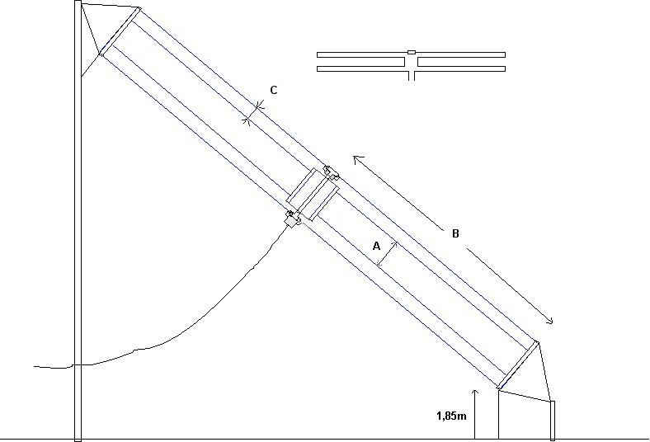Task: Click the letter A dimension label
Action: click(x=376, y=246)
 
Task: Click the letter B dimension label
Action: click(x=455, y=233)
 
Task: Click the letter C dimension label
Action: click(x=274, y=91)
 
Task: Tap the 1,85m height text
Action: click(x=451, y=416)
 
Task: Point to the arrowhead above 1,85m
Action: click(x=475, y=393)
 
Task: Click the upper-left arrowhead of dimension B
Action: click(x=356, y=158)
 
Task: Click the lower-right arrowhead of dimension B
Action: click(x=549, y=320)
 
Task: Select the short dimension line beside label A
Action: click(x=387, y=254)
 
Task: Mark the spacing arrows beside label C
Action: click(x=254, y=113)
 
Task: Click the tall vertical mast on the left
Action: click(x=78, y=221)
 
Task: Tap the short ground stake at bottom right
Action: click(x=552, y=420)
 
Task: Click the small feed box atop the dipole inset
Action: click(x=412, y=52)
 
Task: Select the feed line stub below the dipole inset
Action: click(x=412, y=76)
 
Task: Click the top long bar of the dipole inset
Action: click(x=412, y=54)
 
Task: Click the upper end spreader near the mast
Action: click(x=120, y=31)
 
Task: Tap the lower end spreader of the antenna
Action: click(x=518, y=365)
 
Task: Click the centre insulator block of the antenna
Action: click(x=313, y=194)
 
